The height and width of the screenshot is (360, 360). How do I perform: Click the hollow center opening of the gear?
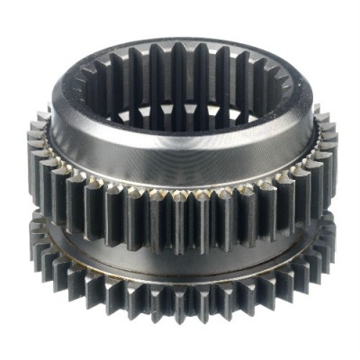[x=180, y=99]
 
